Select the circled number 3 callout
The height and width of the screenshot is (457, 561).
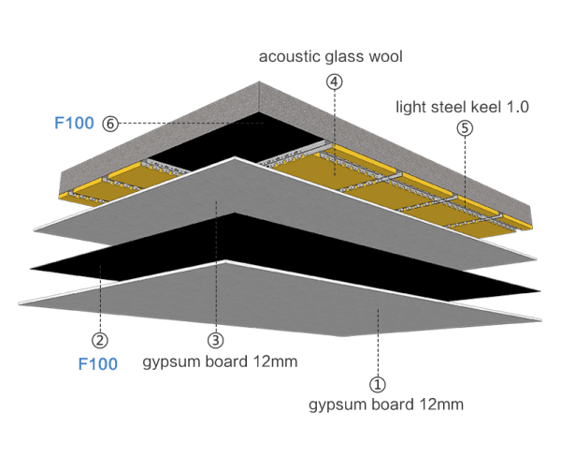click(x=216, y=340)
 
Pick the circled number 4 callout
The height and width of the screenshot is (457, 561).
click(x=334, y=81)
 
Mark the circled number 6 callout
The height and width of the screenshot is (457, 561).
click(x=109, y=123)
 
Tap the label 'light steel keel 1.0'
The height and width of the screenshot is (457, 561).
click(x=462, y=107)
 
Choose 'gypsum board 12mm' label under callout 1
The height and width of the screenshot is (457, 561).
click(x=386, y=405)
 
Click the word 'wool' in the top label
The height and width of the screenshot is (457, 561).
click(x=385, y=57)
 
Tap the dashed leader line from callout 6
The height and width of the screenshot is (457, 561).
click(x=187, y=123)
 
